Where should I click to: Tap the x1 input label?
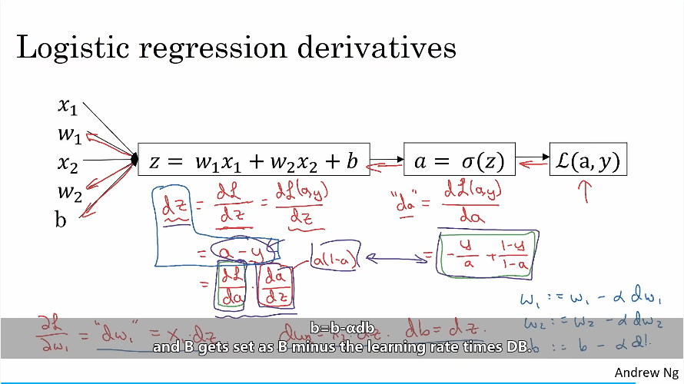pyautogui.click(x=68, y=105)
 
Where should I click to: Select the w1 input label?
pyautogui.click(x=69, y=135)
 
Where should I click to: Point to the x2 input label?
pyautogui.click(x=68, y=163)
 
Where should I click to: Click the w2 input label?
pyautogui.click(x=69, y=190)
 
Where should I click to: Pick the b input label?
pyautogui.click(x=61, y=220)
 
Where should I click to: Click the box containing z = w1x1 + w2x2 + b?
pyautogui.click(x=254, y=162)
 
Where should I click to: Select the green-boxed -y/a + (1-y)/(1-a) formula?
pyautogui.click(x=489, y=253)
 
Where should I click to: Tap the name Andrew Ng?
pyautogui.click(x=646, y=372)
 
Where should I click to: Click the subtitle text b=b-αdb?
pyautogui.click(x=341, y=329)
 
